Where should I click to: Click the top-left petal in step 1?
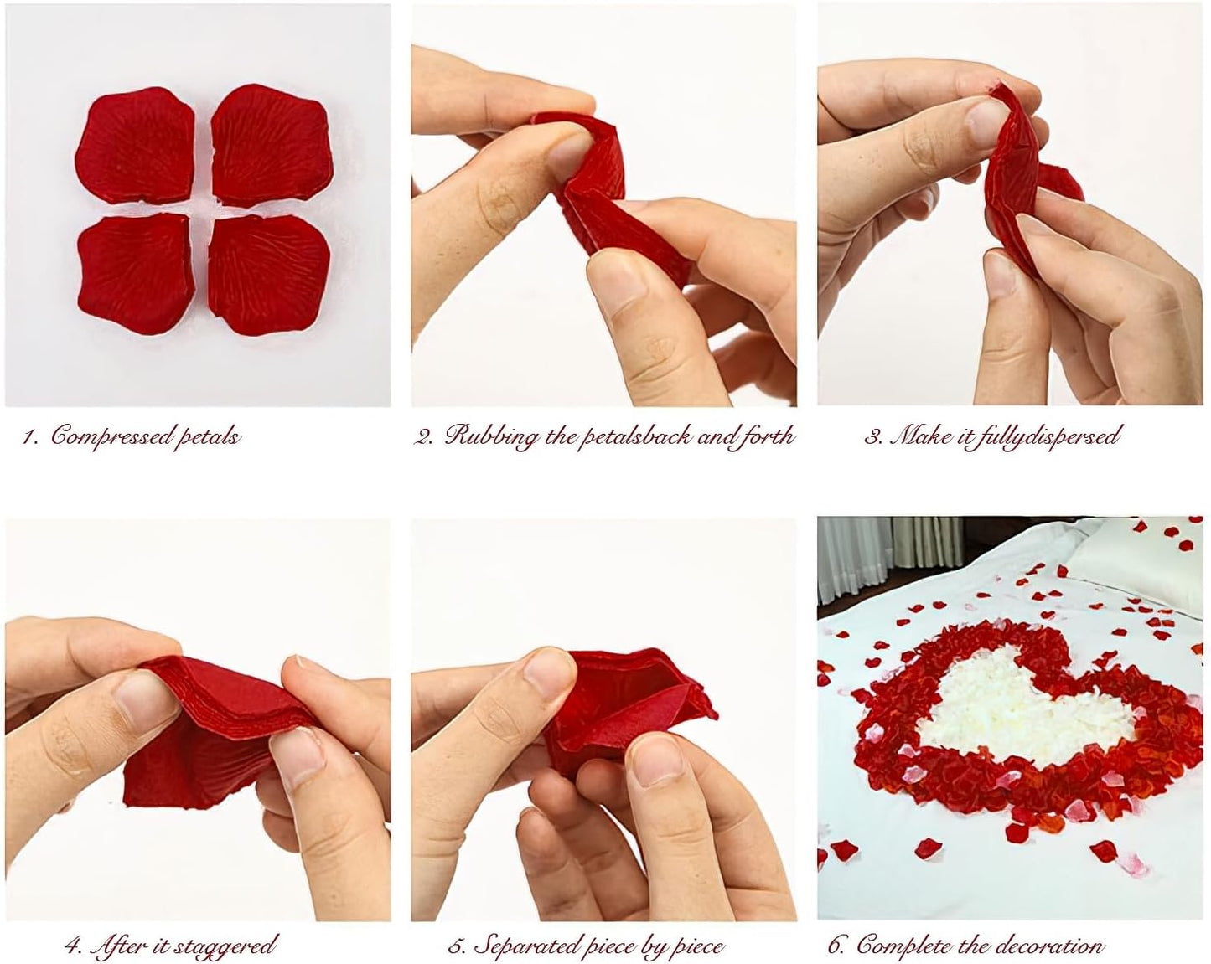click(x=136, y=146)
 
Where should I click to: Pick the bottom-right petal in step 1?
click(x=261, y=272)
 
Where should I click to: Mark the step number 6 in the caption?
click(x=835, y=947)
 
